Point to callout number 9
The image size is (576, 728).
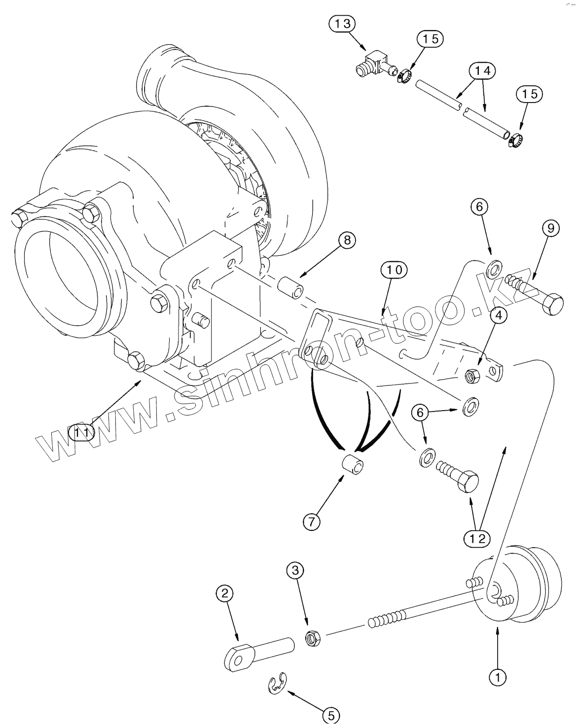[x=550, y=228]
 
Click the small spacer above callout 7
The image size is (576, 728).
[x=353, y=465]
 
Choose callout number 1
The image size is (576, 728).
[x=497, y=677]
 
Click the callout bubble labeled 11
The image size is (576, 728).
[x=81, y=432]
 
